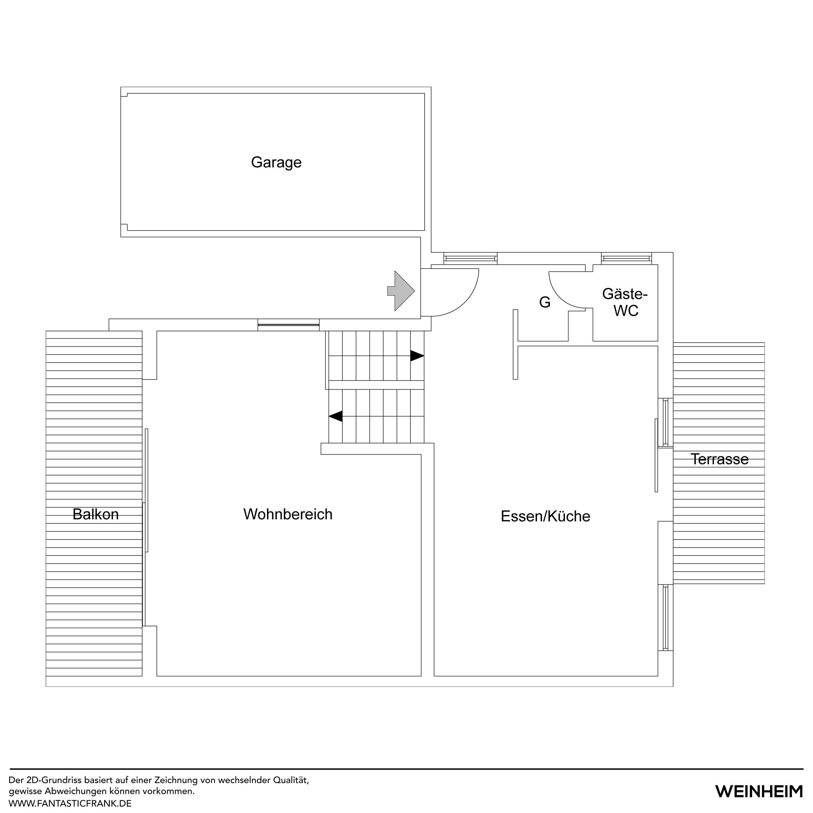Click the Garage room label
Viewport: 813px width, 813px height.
point(276,162)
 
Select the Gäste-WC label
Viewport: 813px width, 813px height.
point(625,302)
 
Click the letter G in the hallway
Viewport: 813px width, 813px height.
point(544,302)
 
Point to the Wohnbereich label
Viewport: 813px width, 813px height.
point(288,514)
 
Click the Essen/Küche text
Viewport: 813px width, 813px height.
point(545,516)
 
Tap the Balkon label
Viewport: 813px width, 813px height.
point(96,514)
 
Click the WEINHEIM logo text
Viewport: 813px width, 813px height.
point(759,791)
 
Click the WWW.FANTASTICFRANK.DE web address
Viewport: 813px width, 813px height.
point(70,803)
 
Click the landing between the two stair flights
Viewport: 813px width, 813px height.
point(376,385)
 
